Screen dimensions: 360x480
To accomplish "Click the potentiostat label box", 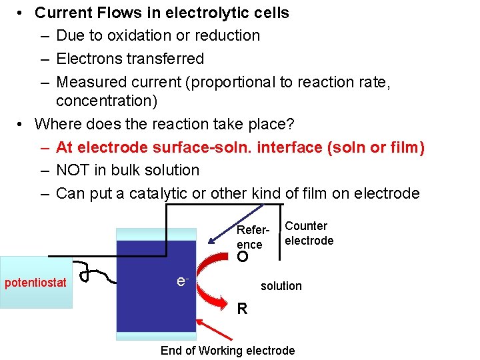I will point(36,283).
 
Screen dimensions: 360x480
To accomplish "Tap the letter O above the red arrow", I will point(243,257).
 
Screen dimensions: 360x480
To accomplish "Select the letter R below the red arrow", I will point(243,309).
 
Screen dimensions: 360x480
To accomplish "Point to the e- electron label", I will point(181,282).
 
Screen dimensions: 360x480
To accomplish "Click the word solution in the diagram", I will point(281,286).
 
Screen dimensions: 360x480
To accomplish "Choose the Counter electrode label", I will point(309,233).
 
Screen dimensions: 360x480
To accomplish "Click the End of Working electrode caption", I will point(227,351).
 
